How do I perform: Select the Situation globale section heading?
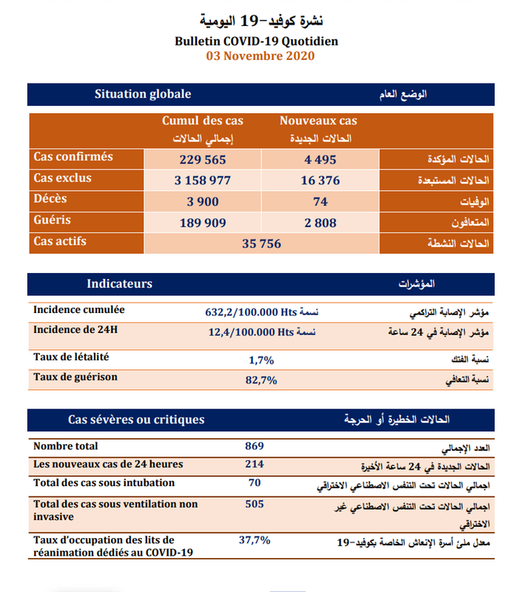(x=143, y=94)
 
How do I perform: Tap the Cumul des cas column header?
(x=202, y=121)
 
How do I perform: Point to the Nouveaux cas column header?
(x=318, y=121)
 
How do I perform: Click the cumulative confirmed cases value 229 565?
(x=202, y=159)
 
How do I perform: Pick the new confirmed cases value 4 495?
(x=319, y=159)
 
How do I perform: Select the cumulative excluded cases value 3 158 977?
(x=202, y=181)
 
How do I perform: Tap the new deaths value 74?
(x=319, y=201)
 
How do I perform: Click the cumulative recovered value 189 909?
(x=202, y=223)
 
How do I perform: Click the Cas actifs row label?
(x=60, y=242)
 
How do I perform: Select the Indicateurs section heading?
(x=119, y=284)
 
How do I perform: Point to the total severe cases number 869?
(x=254, y=446)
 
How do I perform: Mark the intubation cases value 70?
(x=254, y=483)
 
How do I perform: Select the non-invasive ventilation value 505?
(x=254, y=505)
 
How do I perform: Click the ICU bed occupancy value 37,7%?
(x=254, y=540)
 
